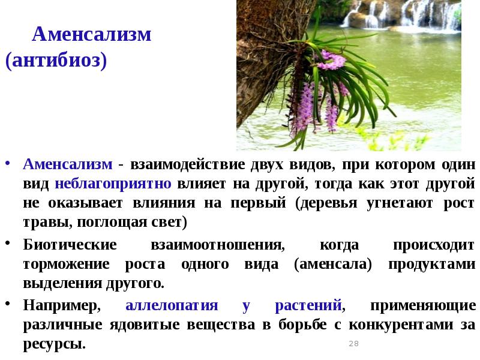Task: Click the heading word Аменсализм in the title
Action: [x=91, y=34]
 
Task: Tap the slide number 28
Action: [x=353, y=343]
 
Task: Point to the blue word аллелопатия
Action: [x=172, y=305]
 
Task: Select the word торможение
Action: [x=66, y=264]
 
